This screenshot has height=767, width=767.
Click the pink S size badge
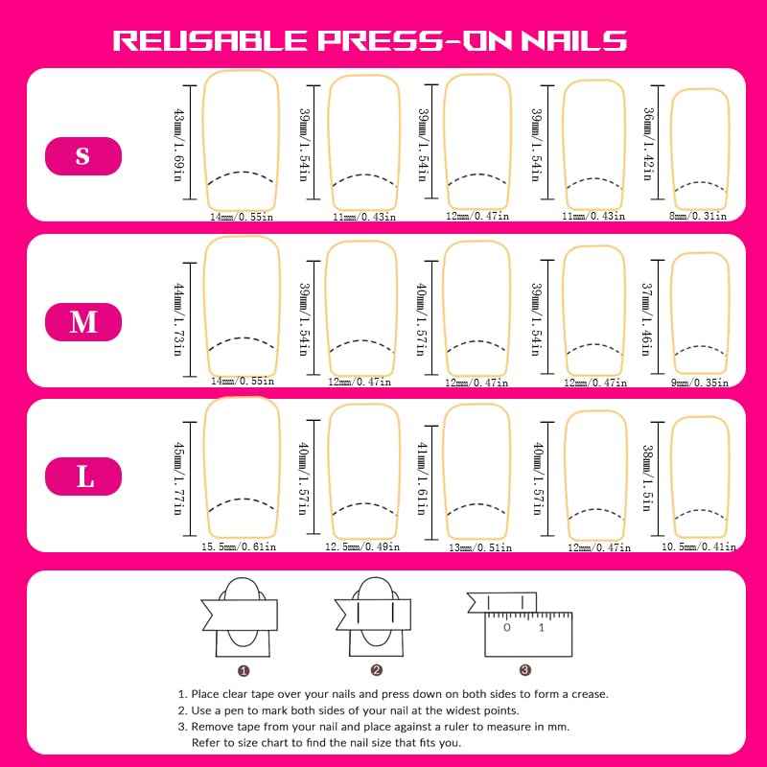click(83, 155)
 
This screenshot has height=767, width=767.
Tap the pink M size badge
click(83, 321)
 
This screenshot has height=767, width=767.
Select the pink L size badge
click(83, 476)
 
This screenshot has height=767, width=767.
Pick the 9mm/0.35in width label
click(700, 382)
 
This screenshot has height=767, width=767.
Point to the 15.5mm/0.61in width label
click(239, 546)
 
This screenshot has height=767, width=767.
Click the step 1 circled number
click(244, 671)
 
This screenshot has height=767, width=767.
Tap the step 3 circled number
click(524, 671)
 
